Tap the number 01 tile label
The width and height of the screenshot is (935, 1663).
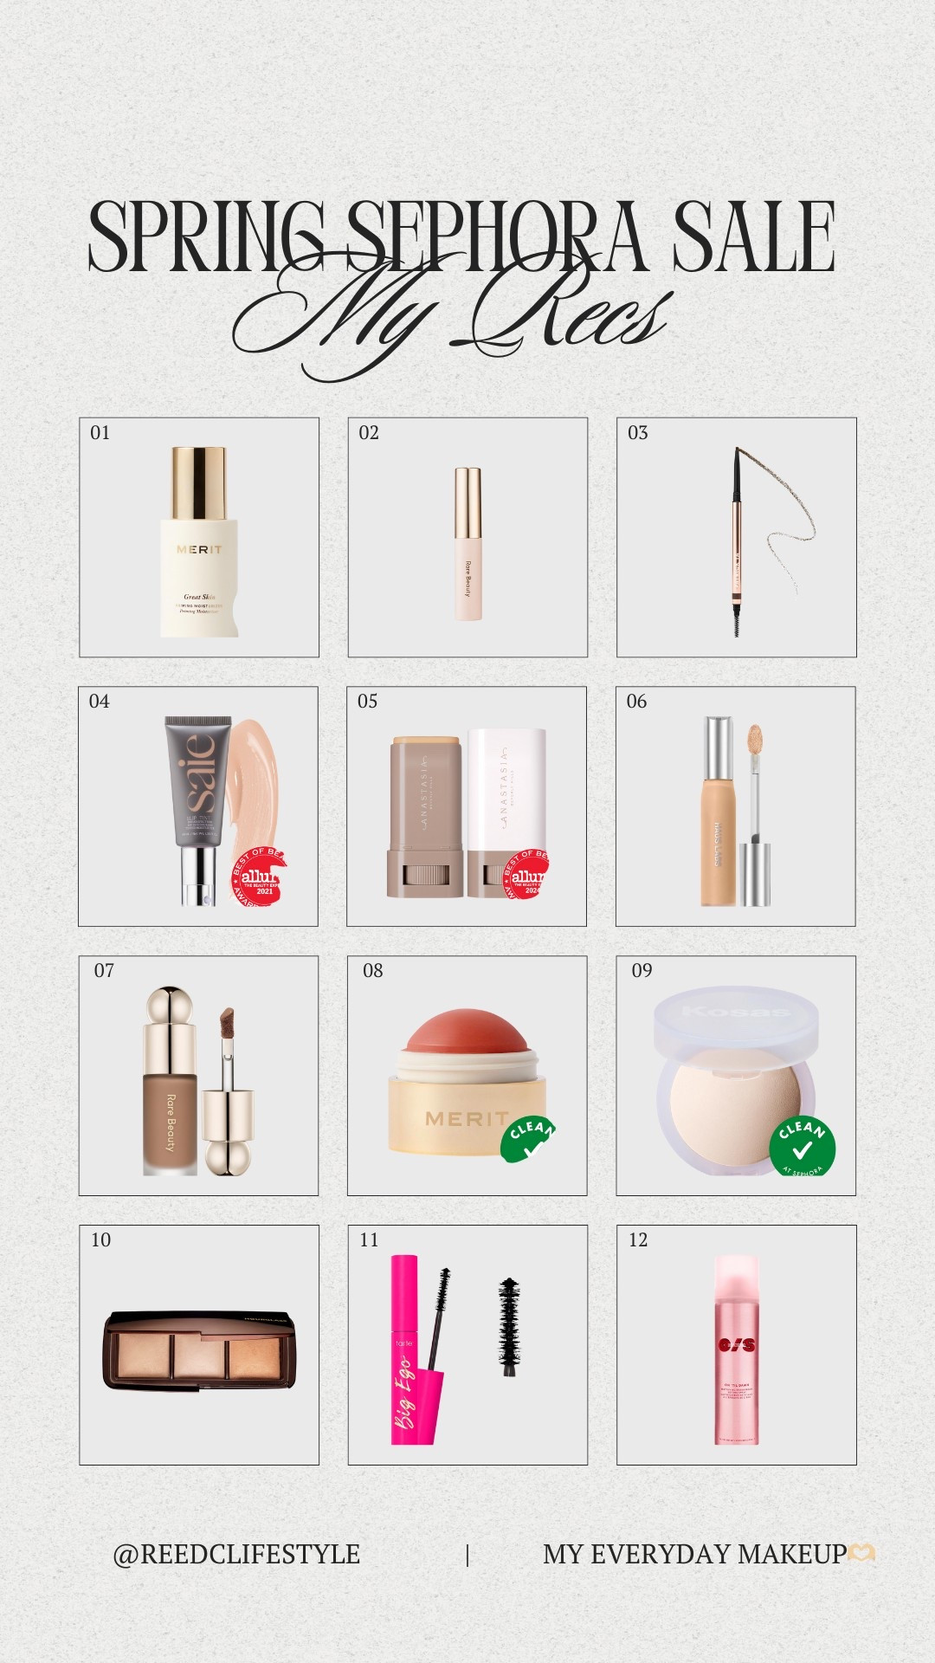100,433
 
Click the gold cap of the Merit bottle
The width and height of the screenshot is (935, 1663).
199,482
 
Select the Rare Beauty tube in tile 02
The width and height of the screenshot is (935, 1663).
467,544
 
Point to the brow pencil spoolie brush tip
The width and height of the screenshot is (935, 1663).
737,621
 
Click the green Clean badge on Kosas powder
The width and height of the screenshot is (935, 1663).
803,1144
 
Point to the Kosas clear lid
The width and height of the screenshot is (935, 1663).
736,1013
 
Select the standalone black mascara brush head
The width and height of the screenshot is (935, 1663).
509,1324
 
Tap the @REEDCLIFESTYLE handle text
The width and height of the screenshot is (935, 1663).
236,1555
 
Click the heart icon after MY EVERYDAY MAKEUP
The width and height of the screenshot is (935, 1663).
861,1554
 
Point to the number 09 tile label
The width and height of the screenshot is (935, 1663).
642,971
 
